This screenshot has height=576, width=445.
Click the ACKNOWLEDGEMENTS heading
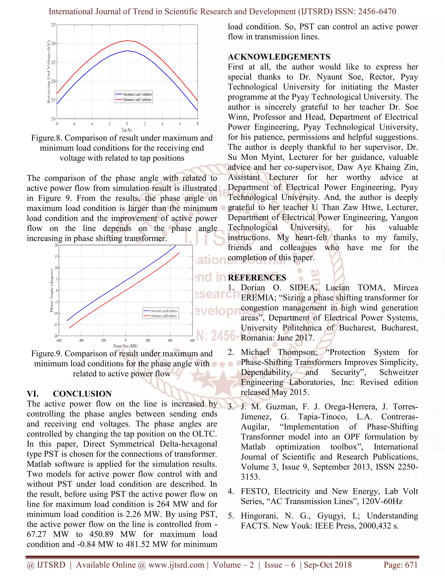279,57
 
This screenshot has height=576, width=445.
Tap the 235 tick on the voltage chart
53,25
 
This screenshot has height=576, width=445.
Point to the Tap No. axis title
127,130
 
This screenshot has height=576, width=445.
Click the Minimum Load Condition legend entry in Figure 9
163,316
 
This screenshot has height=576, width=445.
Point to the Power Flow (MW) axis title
126,346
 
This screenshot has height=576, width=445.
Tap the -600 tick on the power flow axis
58,340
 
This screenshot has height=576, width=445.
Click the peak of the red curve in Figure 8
127,41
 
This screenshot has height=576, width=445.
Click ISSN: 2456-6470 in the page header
365,12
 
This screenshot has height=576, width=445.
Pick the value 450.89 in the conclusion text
101,534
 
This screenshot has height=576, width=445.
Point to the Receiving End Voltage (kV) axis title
48,72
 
